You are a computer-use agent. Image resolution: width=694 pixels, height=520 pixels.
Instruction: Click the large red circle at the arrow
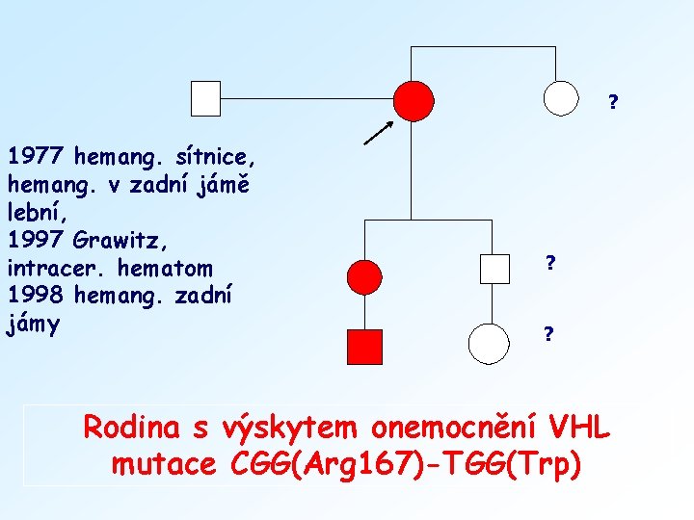pyautogui.click(x=414, y=99)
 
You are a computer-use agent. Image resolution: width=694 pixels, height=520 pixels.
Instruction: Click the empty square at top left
pyautogui.click(x=205, y=98)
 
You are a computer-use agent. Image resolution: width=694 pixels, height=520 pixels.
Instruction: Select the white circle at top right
pyautogui.click(x=562, y=96)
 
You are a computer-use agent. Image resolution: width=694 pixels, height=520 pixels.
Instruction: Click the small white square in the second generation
pyautogui.click(x=494, y=269)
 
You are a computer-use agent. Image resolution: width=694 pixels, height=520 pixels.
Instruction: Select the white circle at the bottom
pyautogui.click(x=489, y=342)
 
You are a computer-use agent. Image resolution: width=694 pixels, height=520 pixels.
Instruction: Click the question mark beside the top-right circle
pyautogui.click(x=613, y=102)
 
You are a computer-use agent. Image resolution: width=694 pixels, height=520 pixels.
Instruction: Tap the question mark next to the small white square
pyautogui.click(x=548, y=262)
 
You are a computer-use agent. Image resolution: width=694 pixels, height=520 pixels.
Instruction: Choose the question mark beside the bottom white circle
pyautogui.click(x=547, y=334)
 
